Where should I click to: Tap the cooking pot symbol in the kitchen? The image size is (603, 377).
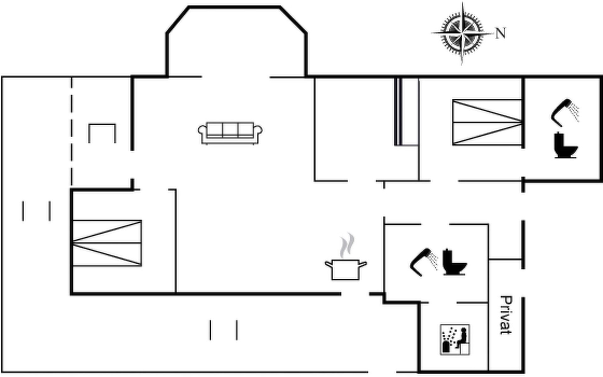(x=346, y=270)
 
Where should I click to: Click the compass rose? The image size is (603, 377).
(x=462, y=33)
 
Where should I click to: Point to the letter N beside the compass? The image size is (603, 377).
(x=501, y=33)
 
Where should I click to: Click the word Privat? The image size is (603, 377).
(x=506, y=315)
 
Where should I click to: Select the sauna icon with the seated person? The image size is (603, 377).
(x=455, y=340)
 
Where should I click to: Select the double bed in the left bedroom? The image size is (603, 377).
(x=107, y=243)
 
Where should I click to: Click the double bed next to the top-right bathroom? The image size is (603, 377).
(x=487, y=123)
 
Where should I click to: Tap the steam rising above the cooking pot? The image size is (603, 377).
(x=347, y=245)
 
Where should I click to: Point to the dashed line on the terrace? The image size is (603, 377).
(x=72, y=131)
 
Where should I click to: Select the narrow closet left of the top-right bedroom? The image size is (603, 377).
(x=407, y=112)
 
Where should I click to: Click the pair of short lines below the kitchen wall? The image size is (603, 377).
(x=224, y=330)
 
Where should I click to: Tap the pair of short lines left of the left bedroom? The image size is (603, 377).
(x=36, y=211)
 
